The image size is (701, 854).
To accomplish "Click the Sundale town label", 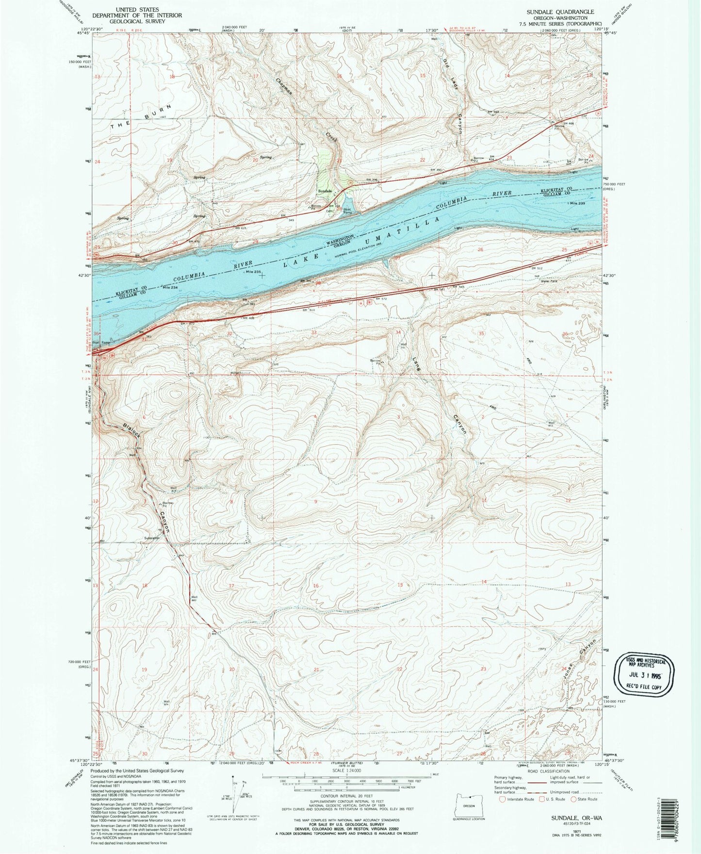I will pos(325,191).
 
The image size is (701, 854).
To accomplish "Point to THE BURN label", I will pos(141,116).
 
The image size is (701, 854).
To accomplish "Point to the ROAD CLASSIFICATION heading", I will pos(549,771).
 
